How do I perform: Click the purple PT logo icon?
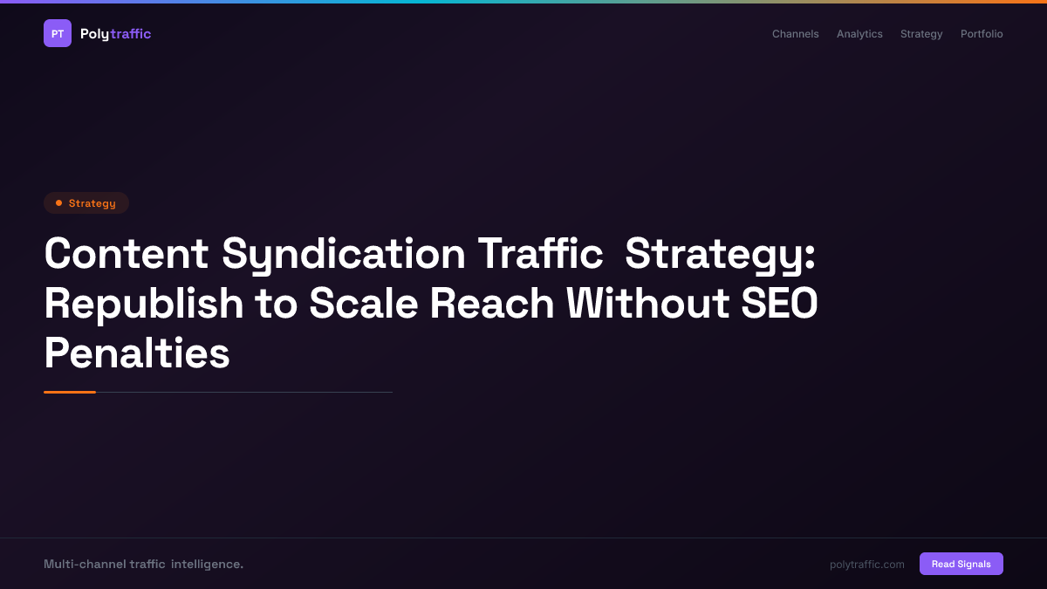pos(58,33)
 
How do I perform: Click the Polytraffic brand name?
pos(115,34)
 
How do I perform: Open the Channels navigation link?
pos(795,34)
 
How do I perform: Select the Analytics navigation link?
pos(859,34)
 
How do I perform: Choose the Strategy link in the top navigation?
pos(921,34)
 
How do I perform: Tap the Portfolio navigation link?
pos(982,34)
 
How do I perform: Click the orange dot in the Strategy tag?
pos(58,203)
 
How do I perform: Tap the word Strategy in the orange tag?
pos(92,203)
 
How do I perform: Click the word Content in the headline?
pos(127,254)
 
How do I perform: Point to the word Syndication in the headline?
pos(344,254)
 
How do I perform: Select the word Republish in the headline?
pos(144,304)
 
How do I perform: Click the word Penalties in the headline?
pos(137,353)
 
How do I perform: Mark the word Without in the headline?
pos(647,304)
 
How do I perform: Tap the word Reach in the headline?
pos(492,304)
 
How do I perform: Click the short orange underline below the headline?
pos(70,392)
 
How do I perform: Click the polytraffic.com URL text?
pos(867,565)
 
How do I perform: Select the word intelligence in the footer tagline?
pos(207,565)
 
